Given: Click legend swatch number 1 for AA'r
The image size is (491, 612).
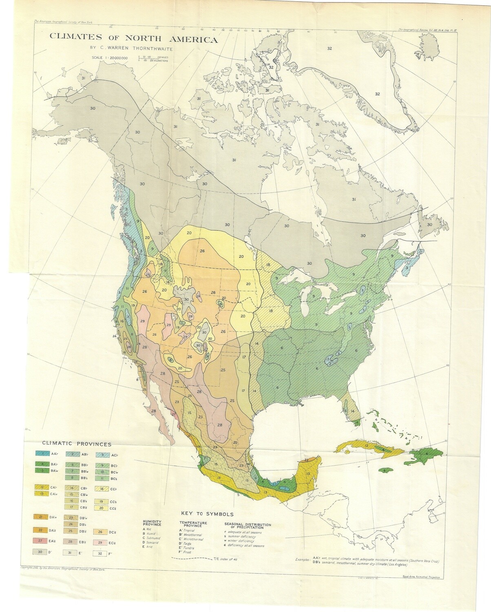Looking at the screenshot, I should click(42, 454).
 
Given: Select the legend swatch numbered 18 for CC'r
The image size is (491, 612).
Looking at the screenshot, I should click(100, 488).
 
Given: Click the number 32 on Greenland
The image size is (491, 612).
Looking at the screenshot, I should click(377, 94).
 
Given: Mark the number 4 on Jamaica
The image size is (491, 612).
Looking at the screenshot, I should click(385, 470).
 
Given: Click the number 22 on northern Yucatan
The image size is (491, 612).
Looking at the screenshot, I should click(306, 460).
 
